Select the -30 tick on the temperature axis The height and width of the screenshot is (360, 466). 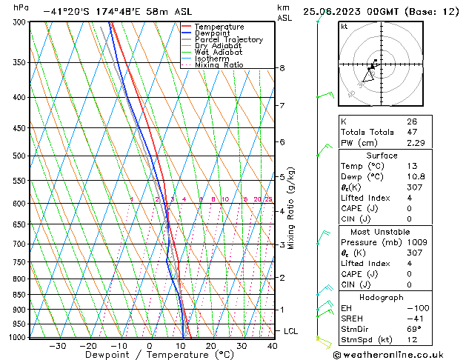coord(57,346)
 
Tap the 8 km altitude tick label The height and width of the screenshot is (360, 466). coord(282,68)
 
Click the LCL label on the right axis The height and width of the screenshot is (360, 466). coord(290,331)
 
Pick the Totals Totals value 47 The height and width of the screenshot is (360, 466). coord(411,132)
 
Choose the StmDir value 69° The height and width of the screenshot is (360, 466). coord(414,329)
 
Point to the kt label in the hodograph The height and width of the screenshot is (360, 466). coord(344,26)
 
